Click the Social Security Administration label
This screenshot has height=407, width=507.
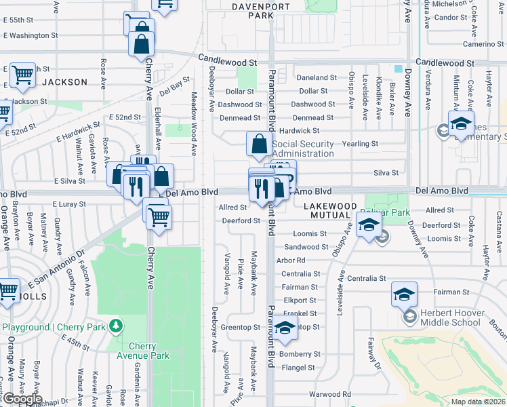coord(303,149)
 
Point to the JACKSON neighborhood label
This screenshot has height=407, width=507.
coord(65,82)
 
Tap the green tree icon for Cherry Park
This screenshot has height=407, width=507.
coord(117,327)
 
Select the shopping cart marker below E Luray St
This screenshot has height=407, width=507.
coord(159,218)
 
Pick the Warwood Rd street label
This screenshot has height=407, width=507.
coord(329,394)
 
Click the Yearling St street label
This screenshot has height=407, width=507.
coord(361,144)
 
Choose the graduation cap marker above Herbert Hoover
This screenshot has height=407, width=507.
coord(403,295)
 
